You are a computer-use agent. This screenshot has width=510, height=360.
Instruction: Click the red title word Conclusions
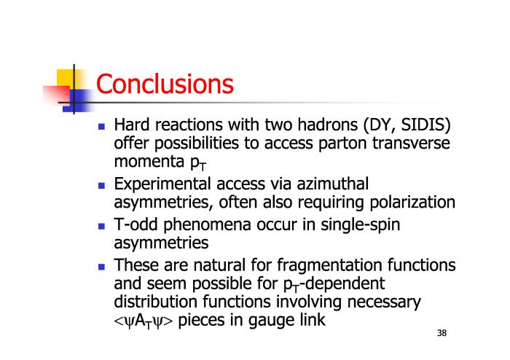click(x=165, y=84)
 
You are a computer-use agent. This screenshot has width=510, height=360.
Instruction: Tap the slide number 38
click(x=442, y=333)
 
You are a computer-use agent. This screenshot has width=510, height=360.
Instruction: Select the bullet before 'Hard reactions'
click(x=101, y=126)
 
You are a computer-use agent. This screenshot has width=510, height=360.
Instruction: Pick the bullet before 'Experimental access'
click(x=101, y=185)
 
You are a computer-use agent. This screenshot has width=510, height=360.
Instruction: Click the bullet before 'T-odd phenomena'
click(x=101, y=226)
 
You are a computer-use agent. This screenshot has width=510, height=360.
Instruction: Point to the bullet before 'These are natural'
click(x=101, y=267)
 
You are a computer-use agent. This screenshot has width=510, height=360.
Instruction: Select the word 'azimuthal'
click(x=333, y=184)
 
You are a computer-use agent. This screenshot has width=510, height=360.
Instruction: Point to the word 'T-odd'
click(x=136, y=224)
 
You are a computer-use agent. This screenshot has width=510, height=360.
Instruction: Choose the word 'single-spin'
click(x=361, y=225)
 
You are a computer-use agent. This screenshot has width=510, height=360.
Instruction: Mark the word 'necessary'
click(x=384, y=302)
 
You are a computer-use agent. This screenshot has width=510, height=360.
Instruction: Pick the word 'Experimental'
click(x=162, y=184)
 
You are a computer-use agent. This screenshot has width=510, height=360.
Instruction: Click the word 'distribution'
click(x=156, y=302)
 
